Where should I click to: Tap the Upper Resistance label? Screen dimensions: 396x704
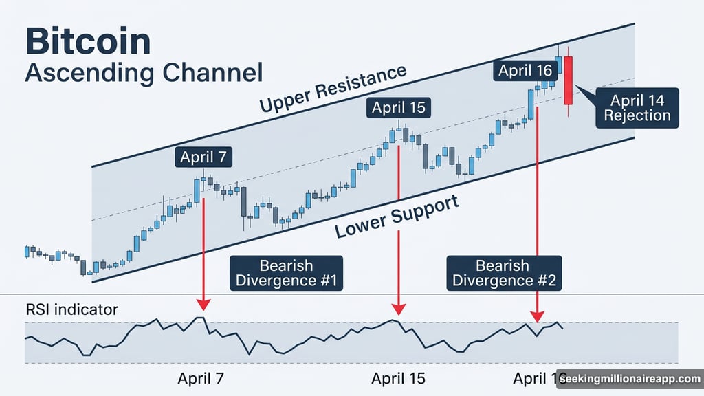(x=333, y=89)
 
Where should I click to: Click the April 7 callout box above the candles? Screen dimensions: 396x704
(x=203, y=157)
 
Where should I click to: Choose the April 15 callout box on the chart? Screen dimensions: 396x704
(x=398, y=107)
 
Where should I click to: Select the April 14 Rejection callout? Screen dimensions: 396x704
(x=637, y=108)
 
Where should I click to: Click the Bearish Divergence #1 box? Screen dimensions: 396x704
(x=286, y=272)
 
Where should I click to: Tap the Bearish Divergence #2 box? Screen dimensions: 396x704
(x=505, y=272)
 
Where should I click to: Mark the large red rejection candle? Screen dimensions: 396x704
(x=568, y=80)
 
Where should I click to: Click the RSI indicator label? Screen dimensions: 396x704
(x=71, y=309)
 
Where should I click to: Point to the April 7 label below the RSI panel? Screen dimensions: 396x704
(x=201, y=378)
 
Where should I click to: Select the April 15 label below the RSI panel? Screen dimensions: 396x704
(x=398, y=378)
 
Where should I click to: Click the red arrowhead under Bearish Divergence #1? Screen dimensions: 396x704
(x=202, y=304)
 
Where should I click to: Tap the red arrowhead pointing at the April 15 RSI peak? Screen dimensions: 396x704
(x=399, y=309)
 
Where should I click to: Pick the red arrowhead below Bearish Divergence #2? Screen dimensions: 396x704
(x=536, y=316)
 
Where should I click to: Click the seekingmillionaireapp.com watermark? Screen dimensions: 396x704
(x=630, y=379)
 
